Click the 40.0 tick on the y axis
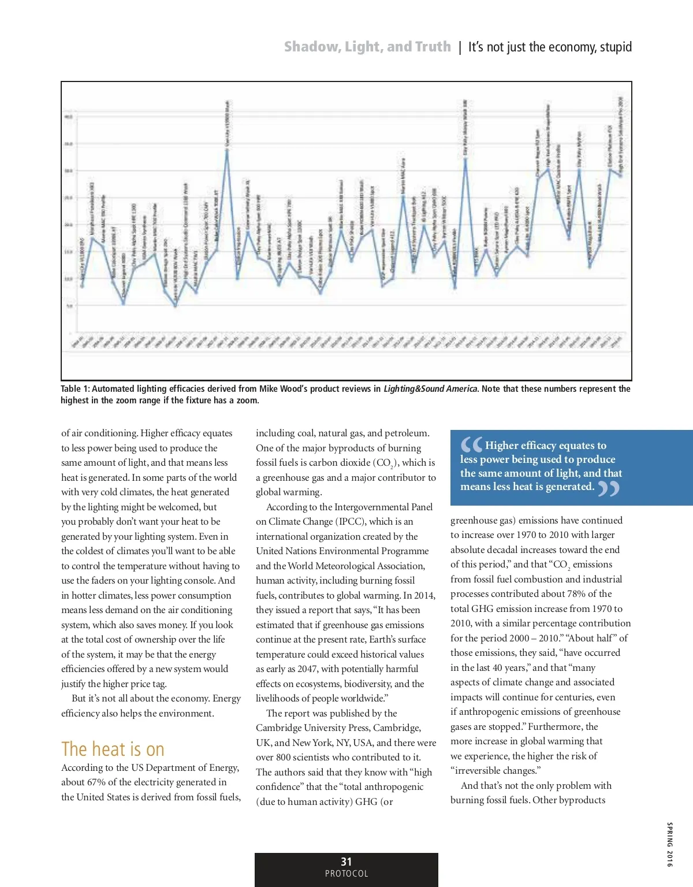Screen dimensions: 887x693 (x=68, y=117)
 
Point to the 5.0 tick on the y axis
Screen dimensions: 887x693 (x=69, y=306)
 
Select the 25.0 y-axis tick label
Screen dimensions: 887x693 (x=68, y=198)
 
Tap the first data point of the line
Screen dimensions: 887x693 (x=82, y=285)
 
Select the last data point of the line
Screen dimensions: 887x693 (x=621, y=176)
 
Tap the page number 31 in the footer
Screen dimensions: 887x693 (x=346, y=862)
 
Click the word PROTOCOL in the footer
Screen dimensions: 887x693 (x=346, y=874)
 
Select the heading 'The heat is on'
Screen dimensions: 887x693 (x=113, y=749)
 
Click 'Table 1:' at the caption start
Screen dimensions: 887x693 (x=75, y=389)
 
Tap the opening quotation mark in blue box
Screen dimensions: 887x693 (x=471, y=445)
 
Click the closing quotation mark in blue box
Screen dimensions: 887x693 (x=608, y=489)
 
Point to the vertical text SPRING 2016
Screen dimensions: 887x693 (x=669, y=844)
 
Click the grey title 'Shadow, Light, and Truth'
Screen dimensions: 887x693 (x=367, y=47)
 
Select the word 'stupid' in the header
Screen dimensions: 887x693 (x=616, y=47)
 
